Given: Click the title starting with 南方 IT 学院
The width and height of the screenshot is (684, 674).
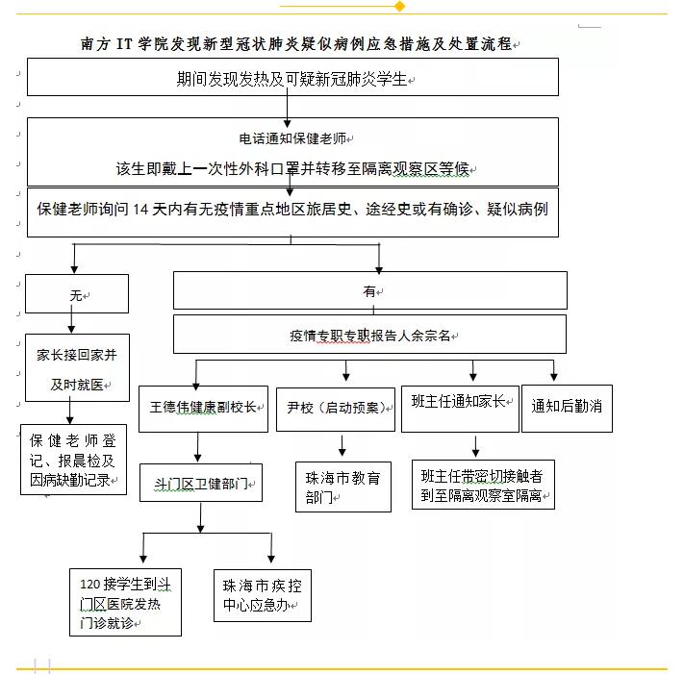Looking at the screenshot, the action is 296,43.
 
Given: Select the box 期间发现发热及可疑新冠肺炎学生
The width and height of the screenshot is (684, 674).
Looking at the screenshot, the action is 292,77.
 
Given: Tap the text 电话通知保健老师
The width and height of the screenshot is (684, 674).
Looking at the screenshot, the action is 292,138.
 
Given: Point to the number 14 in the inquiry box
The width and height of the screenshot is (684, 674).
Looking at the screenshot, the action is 140,210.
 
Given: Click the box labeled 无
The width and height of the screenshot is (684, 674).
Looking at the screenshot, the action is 77,293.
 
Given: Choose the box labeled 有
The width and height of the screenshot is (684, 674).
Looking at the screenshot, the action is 370,290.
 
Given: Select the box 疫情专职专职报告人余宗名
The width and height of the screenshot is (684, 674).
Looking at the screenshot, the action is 369,335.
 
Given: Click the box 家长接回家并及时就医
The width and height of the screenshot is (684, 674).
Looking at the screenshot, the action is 77,367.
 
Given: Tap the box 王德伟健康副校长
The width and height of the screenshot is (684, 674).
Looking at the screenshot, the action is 203,409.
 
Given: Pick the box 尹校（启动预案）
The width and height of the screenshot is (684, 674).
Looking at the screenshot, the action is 336,410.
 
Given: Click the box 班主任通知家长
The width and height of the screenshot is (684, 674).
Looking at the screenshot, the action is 460,409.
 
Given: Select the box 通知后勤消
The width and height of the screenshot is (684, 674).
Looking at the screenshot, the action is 567,409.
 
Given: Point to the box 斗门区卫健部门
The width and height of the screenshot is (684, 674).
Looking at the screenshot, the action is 201,483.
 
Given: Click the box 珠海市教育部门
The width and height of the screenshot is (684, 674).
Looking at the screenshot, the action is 342,487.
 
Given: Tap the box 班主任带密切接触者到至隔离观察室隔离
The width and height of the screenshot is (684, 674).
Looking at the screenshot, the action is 483,485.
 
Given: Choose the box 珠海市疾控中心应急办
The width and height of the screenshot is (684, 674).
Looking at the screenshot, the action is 263,595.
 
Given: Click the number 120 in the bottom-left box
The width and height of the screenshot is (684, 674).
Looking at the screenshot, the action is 89,585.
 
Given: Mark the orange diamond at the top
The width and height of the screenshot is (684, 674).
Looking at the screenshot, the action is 399,6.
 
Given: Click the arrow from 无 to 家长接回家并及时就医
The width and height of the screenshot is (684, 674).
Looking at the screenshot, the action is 71,319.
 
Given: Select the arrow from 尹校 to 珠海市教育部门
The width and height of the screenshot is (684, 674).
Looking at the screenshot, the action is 342,445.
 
